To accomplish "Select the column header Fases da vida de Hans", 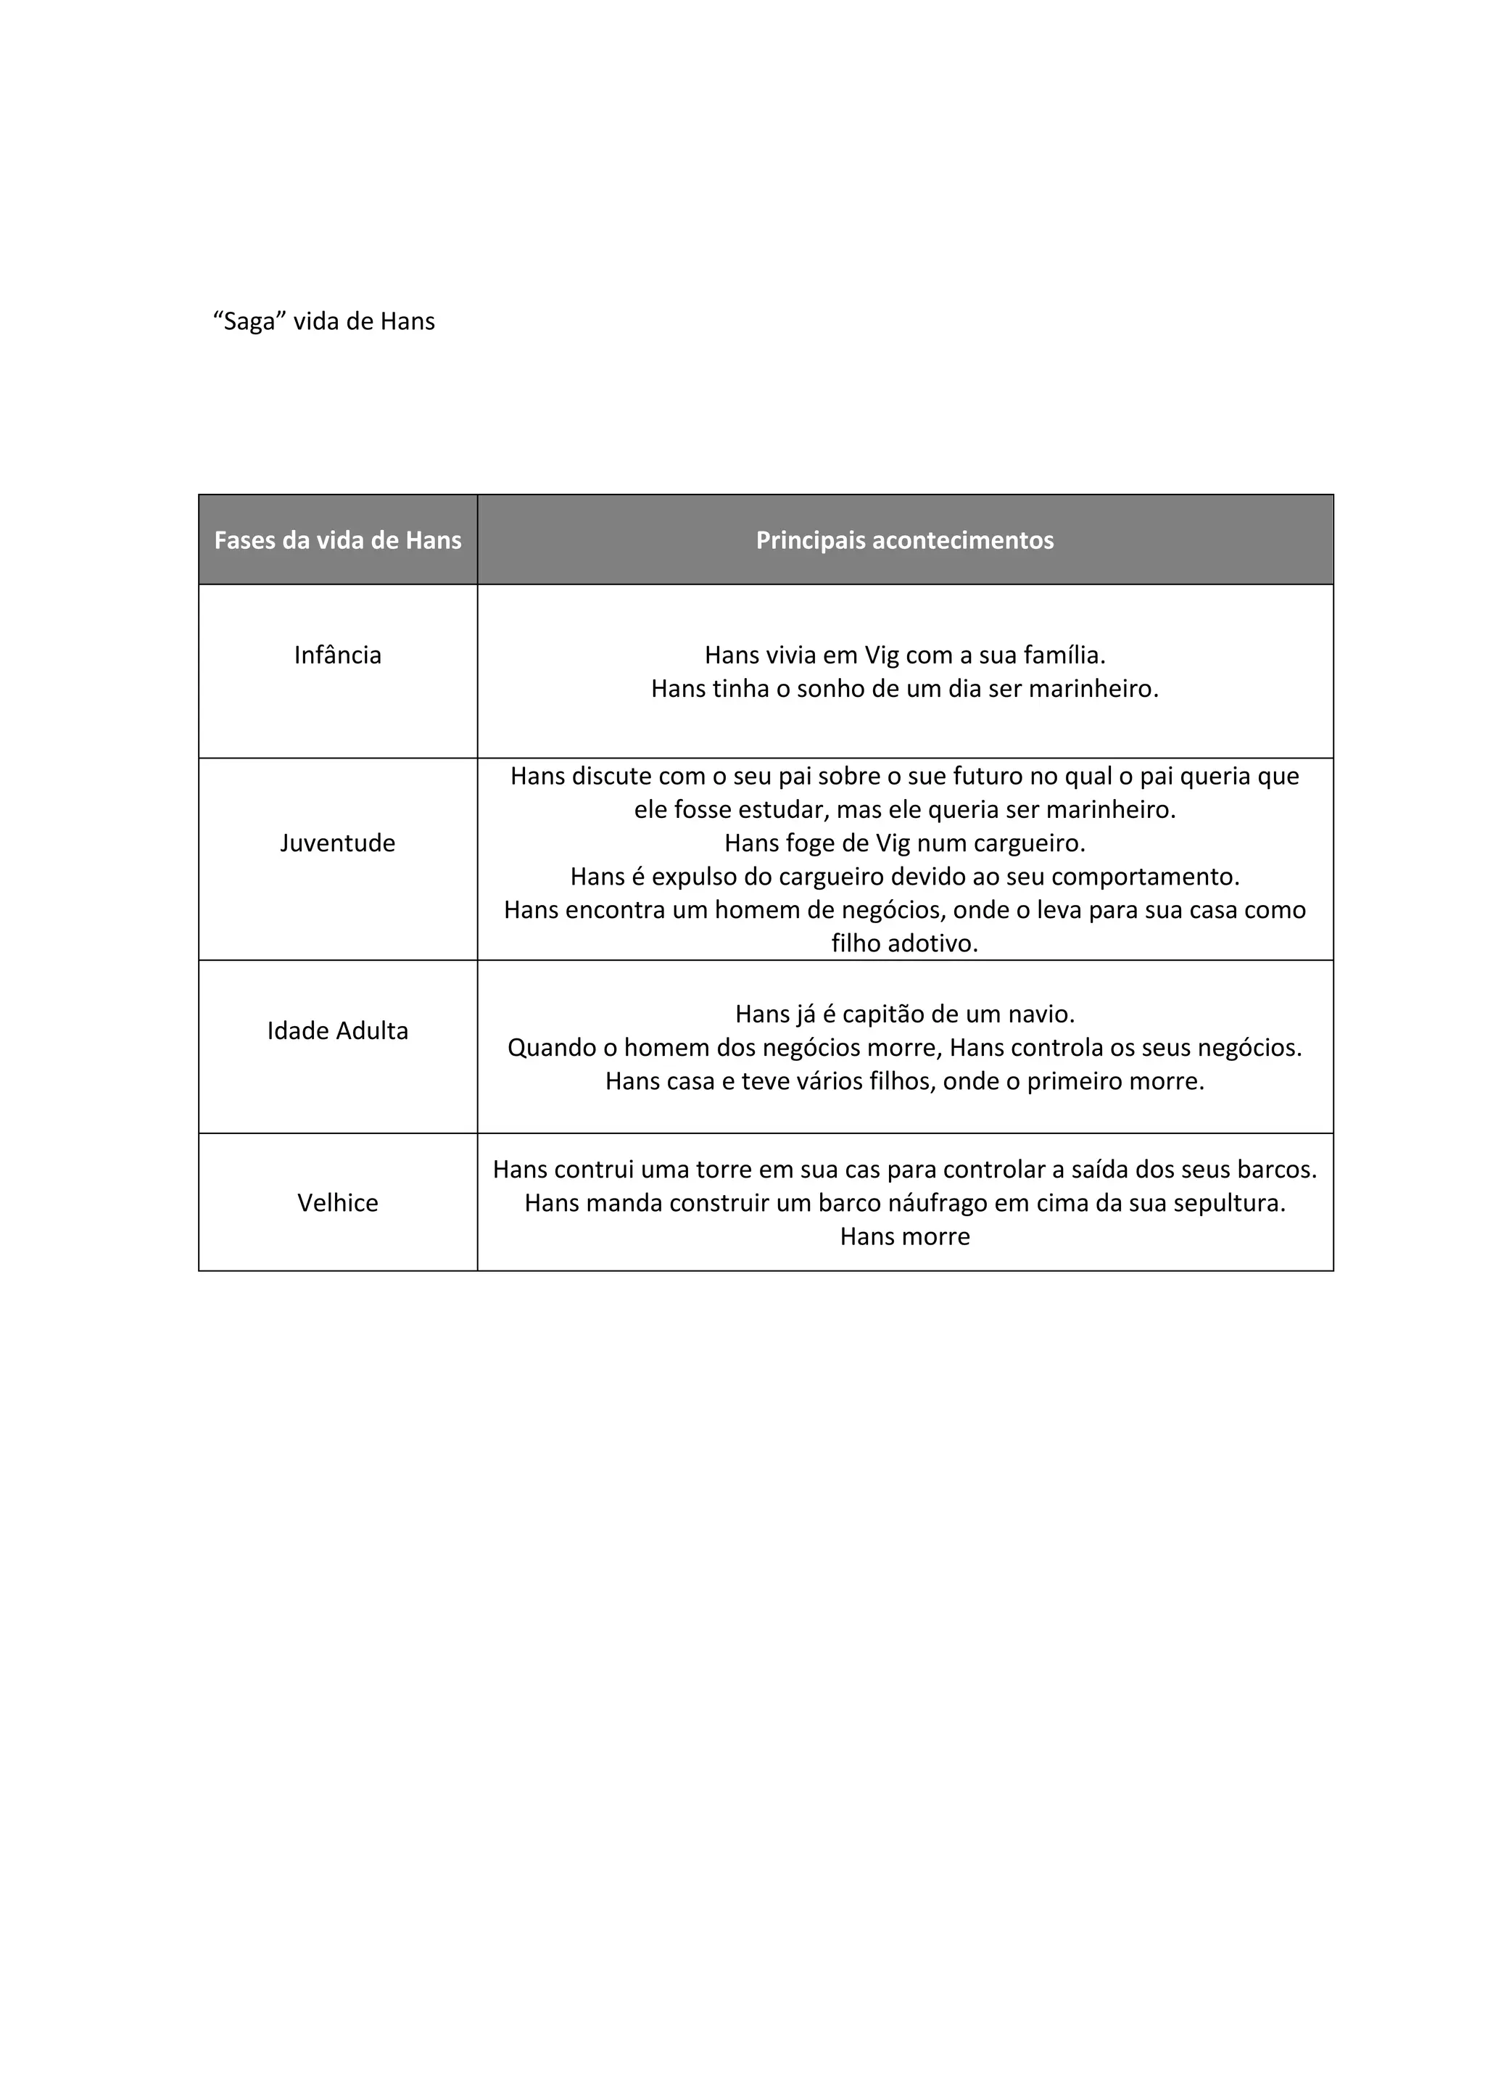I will [337, 540].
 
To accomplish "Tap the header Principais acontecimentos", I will [904, 540].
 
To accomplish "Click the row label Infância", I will [337, 655].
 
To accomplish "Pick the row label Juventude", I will [337, 843].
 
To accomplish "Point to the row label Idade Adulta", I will [337, 1031].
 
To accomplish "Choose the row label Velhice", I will [337, 1203].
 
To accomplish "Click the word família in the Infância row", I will [1064, 655].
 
